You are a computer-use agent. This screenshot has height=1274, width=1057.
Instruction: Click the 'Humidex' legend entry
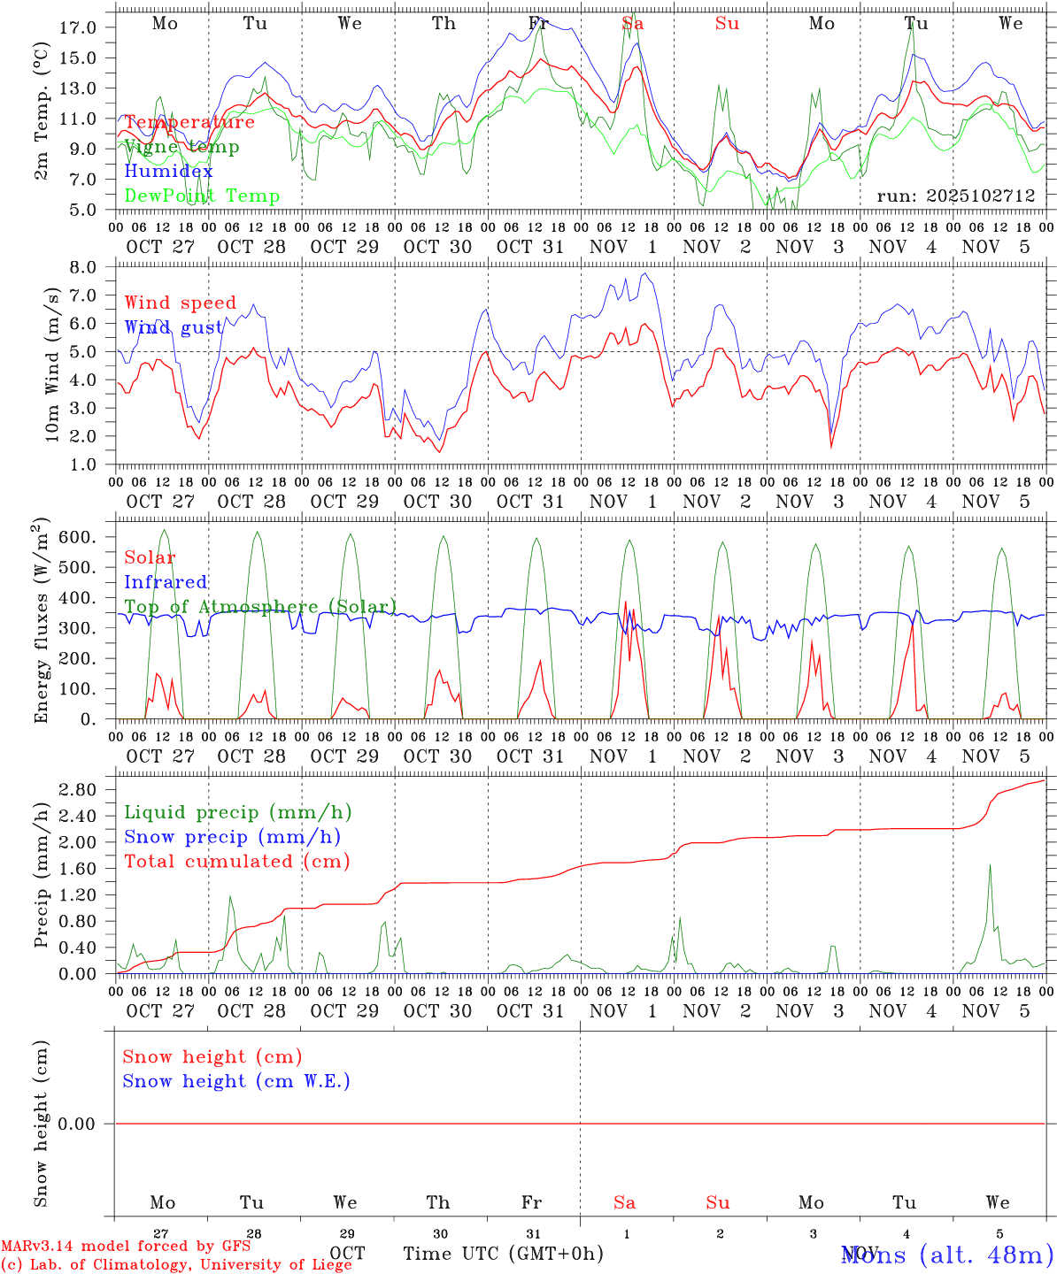click(x=168, y=172)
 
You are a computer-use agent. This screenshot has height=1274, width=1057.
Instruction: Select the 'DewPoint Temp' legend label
click(x=202, y=196)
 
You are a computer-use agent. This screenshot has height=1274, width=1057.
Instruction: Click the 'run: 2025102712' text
click(x=955, y=196)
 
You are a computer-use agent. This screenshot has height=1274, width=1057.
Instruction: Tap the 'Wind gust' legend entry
click(x=174, y=327)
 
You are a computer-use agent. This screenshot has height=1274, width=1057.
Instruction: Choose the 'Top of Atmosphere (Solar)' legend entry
click(x=259, y=607)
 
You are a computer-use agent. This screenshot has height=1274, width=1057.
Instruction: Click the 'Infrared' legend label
click(x=166, y=582)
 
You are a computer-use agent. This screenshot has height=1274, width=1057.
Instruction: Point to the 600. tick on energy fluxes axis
click(x=75, y=537)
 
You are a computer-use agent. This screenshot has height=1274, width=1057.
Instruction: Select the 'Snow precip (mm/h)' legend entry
click(x=232, y=837)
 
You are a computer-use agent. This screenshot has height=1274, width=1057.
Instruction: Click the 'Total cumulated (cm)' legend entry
click(x=236, y=862)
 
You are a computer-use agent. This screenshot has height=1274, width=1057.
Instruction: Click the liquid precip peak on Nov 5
click(x=990, y=865)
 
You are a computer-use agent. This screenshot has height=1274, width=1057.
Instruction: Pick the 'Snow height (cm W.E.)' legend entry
click(x=236, y=1081)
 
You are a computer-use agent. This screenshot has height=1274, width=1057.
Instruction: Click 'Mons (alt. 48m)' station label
click(x=947, y=1255)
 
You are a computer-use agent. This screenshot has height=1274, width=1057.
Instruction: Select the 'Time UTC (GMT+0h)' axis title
click(x=504, y=1254)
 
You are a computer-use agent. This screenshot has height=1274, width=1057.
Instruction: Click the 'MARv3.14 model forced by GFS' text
click(x=126, y=1247)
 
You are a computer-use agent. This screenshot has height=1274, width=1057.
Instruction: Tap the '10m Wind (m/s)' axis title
click(x=53, y=365)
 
